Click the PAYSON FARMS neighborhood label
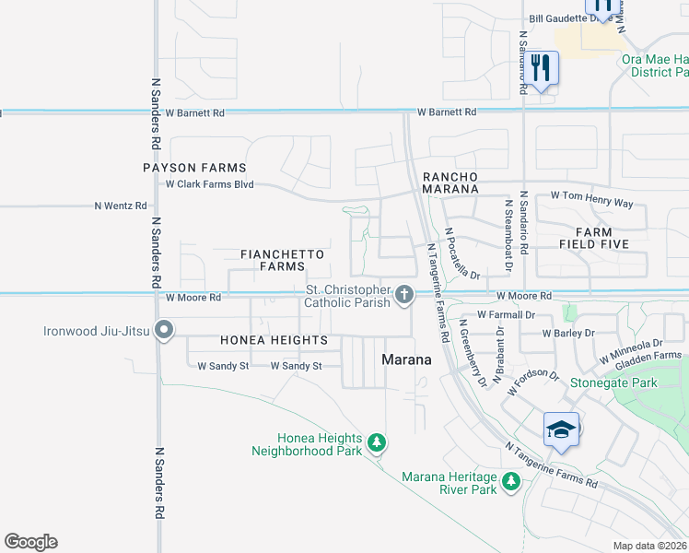tap(194, 168)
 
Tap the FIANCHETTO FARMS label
tap(272, 260)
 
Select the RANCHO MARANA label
tap(450, 182)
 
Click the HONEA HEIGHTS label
tap(274, 340)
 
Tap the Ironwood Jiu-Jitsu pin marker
tap(165, 330)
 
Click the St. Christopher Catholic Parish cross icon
tap(403, 295)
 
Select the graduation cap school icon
tap(561, 430)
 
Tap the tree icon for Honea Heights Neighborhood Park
tap(376, 443)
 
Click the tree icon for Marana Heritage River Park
tap(509, 480)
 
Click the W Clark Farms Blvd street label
tap(209, 184)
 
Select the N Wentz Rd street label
tap(121, 206)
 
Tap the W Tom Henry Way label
tap(591, 196)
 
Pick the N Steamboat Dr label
tap(507, 234)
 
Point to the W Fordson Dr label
tap(532, 383)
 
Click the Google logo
tap(30, 542)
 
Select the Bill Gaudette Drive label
tap(571, 18)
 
